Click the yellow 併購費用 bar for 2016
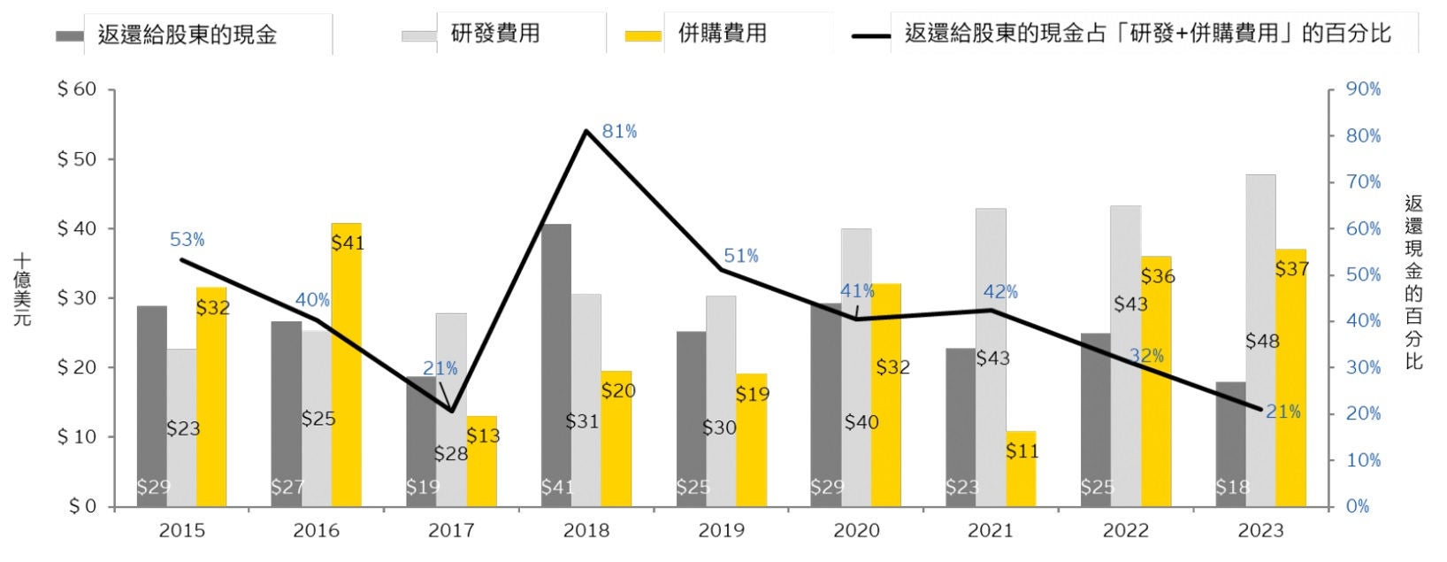(x=346, y=372)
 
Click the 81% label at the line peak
(x=619, y=132)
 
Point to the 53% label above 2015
(x=187, y=239)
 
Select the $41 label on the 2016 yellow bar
(x=348, y=243)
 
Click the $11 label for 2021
(x=1022, y=451)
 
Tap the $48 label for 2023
(x=1262, y=341)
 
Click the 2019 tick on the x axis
(x=721, y=531)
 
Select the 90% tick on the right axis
(x=1363, y=90)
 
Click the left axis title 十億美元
(x=22, y=290)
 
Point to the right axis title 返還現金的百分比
(x=1413, y=283)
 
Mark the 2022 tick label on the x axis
(x=1126, y=531)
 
